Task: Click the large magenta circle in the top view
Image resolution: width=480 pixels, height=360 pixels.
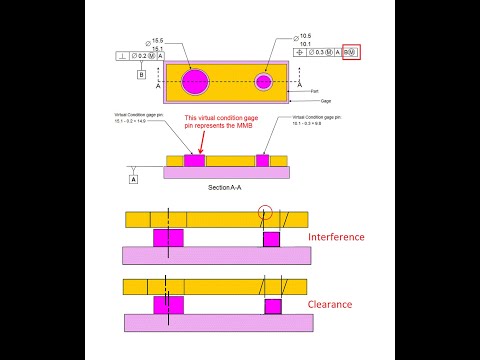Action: click(x=195, y=80)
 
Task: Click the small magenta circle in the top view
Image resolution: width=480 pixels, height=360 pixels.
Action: click(x=264, y=81)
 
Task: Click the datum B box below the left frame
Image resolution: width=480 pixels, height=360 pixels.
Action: click(x=141, y=75)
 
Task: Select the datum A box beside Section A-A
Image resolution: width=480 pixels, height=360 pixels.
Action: click(x=133, y=179)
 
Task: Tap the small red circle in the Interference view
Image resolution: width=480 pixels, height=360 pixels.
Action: click(x=264, y=212)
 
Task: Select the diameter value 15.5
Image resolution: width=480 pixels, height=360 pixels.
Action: click(x=157, y=39)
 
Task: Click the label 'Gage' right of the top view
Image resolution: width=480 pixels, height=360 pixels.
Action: click(x=326, y=101)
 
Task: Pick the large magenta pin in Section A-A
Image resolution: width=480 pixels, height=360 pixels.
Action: click(x=194, y=160)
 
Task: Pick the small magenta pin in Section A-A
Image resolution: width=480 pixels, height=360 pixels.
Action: click(x=262, y=160)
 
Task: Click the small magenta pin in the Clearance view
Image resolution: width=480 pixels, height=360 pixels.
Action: click(x=271, y=305)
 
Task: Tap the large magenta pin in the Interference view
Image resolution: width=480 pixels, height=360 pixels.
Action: click(x=167, y=238)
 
